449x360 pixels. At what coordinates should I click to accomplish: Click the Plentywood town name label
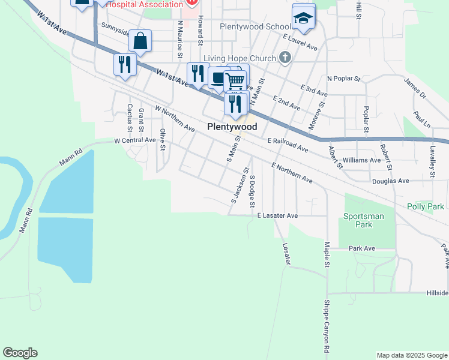coord(232,127)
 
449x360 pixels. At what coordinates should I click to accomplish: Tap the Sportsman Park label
coord(358,220)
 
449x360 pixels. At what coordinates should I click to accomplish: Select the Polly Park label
coord(425,206)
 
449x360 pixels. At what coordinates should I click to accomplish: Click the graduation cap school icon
coord(303,18)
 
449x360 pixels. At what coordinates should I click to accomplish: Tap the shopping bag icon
coord(140,42)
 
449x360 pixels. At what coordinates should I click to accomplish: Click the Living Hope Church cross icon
coord(285,58)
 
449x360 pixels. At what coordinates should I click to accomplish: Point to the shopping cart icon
coord(235,80)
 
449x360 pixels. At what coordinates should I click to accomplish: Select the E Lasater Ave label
coord(277,215)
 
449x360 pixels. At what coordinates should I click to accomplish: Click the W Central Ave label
coord(135,140)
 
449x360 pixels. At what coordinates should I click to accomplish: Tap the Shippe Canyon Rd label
coord(327,326)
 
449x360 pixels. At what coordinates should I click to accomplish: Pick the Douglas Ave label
coord(390,181)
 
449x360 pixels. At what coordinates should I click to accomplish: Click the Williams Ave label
coord(361,160)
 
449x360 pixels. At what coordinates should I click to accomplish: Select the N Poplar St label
coord(343,79)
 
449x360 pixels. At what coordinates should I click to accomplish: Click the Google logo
coord(20,352)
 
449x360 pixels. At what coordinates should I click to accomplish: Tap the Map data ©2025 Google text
coord(411,355)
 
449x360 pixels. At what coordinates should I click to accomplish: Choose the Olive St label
coord(162,138)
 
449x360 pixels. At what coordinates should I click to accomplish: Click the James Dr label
coord(415,88)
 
